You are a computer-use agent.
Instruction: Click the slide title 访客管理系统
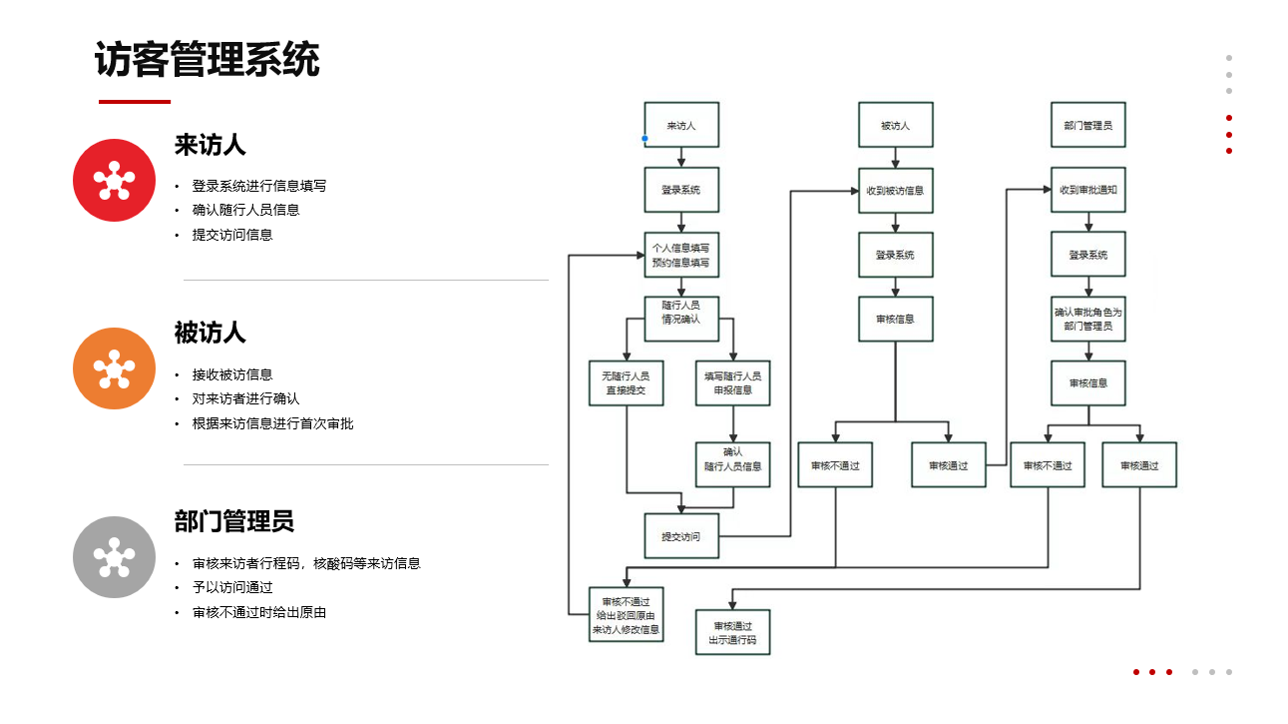pos(207,60)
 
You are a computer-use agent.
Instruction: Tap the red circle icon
pos(114,180)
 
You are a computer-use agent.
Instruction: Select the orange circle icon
pos(114,368)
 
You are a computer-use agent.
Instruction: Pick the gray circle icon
pos(114,557)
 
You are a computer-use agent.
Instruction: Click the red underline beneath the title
pos(135,101)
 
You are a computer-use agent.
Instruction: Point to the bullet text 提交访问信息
pos(232,235)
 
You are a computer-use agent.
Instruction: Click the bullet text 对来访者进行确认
pos(245,398)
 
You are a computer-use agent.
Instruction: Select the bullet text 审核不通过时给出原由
pos(259,612)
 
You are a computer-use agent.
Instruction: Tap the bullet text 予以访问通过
pos(232,587)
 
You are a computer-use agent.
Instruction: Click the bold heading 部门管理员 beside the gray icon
pos(234,521)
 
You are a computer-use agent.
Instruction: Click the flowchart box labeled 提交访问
pos(681,536)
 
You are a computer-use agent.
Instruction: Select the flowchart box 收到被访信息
pos(895,190)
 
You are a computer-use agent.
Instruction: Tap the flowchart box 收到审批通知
pos(1087,190)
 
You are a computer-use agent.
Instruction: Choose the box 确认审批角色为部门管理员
pos(1087,319)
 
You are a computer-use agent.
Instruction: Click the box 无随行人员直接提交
pos(626,382)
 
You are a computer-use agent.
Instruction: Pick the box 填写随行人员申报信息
pos(733,382)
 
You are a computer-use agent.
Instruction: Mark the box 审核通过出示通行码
pos(733,633)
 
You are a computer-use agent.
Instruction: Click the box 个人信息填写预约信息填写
pos(681,255)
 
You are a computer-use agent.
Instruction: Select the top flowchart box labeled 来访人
pos(681,126)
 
